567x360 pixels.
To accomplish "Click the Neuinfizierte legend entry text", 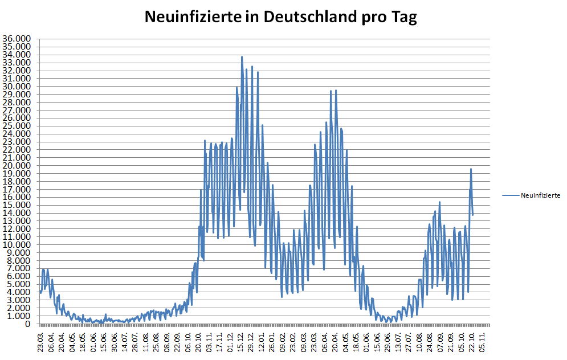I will (x=540, y=195).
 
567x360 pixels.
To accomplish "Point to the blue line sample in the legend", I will (x=511, y=195).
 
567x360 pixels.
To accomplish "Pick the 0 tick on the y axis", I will (x=28, y=324).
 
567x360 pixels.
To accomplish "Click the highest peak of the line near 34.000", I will (x=242, y=57).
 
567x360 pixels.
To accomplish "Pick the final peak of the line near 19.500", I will (x=471, y=169).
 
